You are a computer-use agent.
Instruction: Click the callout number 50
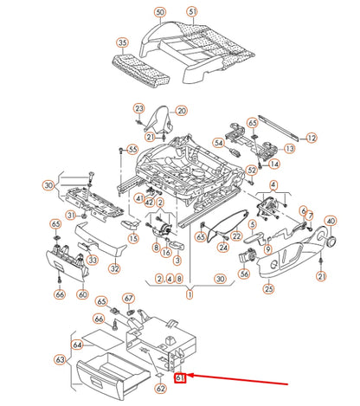click(x=159, y=13)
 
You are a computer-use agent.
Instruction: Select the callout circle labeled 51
click(x=192, y=13)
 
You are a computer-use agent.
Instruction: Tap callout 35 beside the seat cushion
click(x=122, y=42)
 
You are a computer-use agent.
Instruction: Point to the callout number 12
click(x=312, y=137)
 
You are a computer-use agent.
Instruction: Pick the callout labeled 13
click(x=288, y=149)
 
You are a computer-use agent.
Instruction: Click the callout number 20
click(x=181, y=111)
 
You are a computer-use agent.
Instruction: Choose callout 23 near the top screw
click(x=138, y=108)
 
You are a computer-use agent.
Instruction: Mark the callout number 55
click(x=132, y=149)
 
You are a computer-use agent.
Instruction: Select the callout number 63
click(x=61, y=359)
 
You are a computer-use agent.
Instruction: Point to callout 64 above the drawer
click(x=78, y=345)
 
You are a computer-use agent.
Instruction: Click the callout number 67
click(x=129, y=298)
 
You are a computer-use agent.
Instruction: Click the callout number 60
click(x=83, y=294)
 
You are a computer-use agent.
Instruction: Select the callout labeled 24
click(x=223, y=248)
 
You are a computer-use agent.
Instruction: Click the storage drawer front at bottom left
click(x=102, y=375)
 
